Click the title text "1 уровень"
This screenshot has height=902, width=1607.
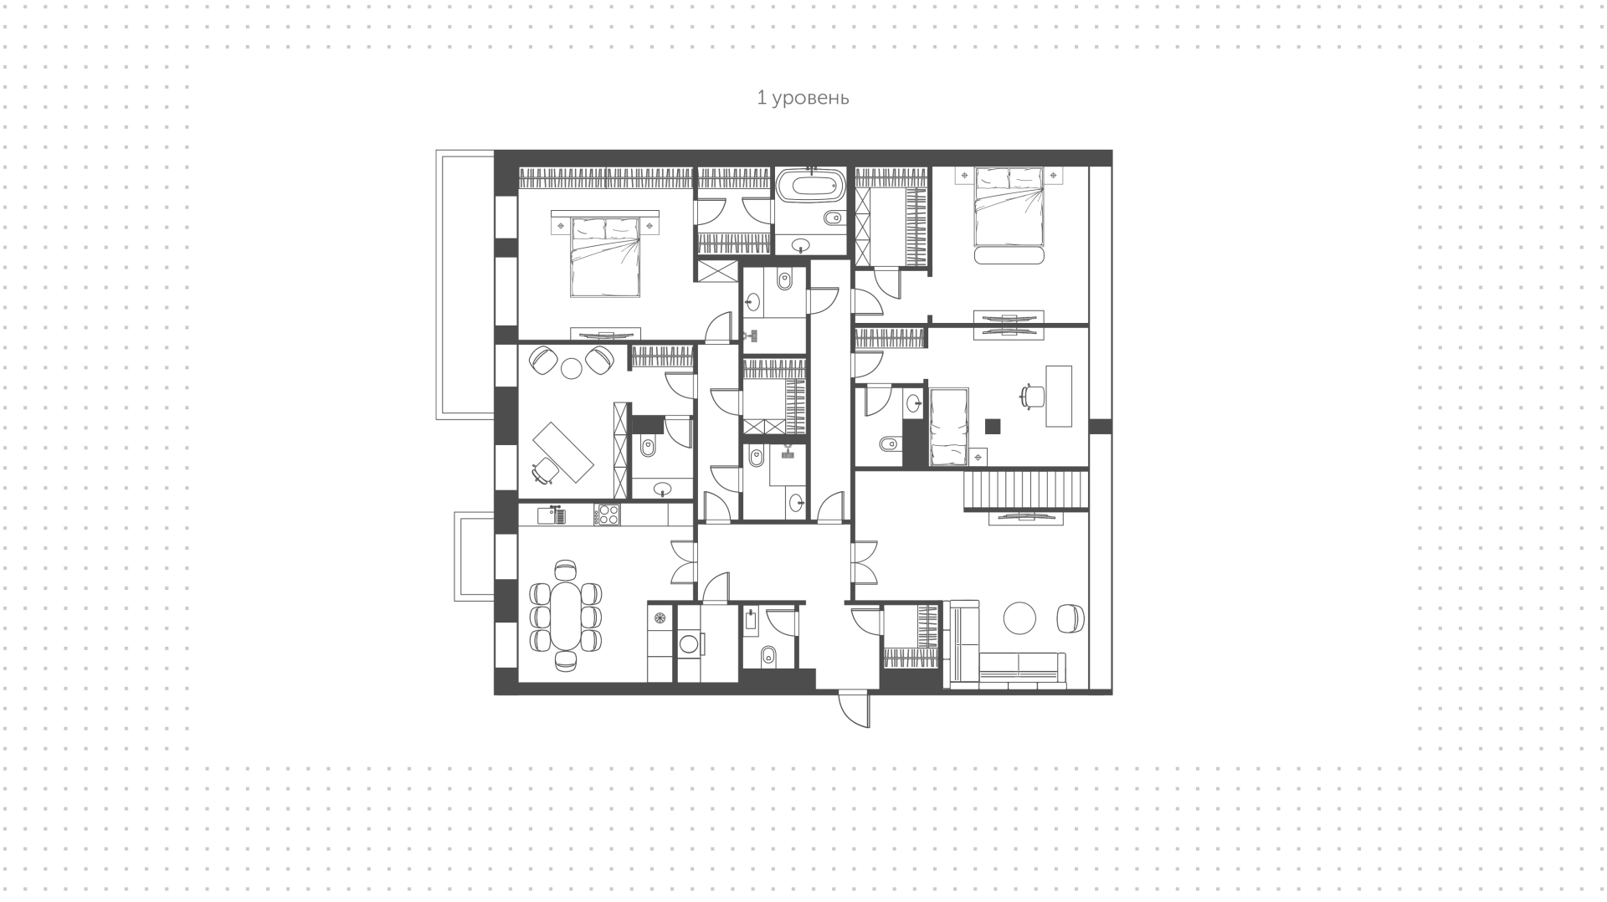803,98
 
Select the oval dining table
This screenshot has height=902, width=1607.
567,616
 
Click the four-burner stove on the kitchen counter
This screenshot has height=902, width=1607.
607,514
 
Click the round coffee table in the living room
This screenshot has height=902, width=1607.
1019,618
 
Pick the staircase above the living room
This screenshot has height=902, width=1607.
1027,489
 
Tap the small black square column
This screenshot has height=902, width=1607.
993,426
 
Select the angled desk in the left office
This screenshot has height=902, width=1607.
564,452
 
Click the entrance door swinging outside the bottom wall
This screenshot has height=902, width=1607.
855,709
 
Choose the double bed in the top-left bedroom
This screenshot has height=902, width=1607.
605,256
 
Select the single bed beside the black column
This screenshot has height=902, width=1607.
949,427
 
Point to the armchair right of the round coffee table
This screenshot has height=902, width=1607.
1070,618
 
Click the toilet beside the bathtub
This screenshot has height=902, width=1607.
833,219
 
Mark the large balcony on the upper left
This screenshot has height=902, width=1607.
465,284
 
